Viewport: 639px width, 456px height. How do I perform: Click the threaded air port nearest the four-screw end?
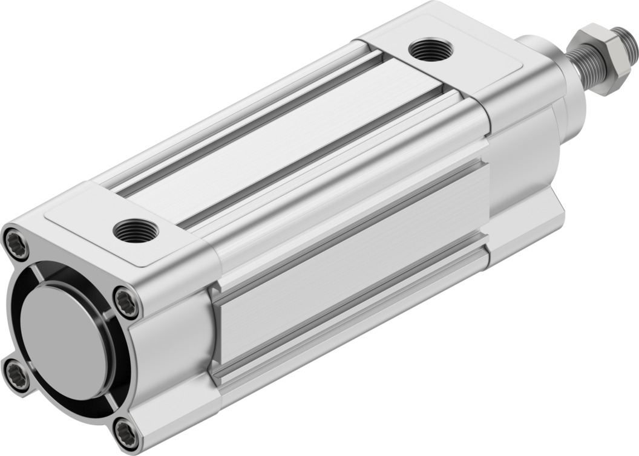pos(136,230)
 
